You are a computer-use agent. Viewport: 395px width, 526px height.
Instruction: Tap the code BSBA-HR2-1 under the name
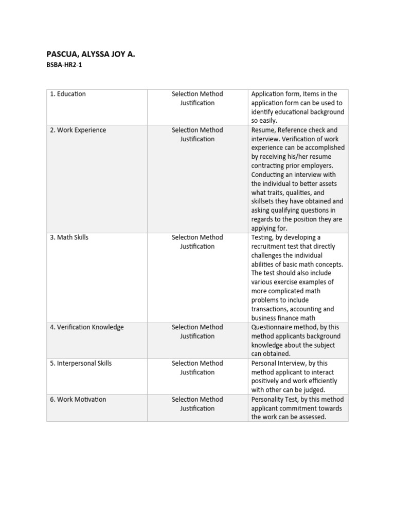[64, 65]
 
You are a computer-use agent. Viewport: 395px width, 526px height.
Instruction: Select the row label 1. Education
[68, 94]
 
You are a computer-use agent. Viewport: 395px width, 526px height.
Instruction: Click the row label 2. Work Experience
[78, 130]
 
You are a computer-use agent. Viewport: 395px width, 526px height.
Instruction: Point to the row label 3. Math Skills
[69, 237]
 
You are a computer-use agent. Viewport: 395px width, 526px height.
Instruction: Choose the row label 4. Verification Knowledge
[87, 327]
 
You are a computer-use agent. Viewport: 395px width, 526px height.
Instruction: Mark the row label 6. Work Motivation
[78, 399]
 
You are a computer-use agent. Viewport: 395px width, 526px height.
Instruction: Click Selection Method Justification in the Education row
[197, 98]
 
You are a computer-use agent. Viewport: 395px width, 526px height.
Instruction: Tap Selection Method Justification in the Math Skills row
[197, 241]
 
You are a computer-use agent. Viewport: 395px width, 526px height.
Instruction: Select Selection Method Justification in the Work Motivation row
[197, 404]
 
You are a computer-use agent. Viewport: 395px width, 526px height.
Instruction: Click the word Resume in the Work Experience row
[263, 130]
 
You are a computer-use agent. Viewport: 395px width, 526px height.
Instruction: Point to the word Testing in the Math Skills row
[263, 237]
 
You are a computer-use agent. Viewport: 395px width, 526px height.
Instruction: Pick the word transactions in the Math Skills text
[271, 309]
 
